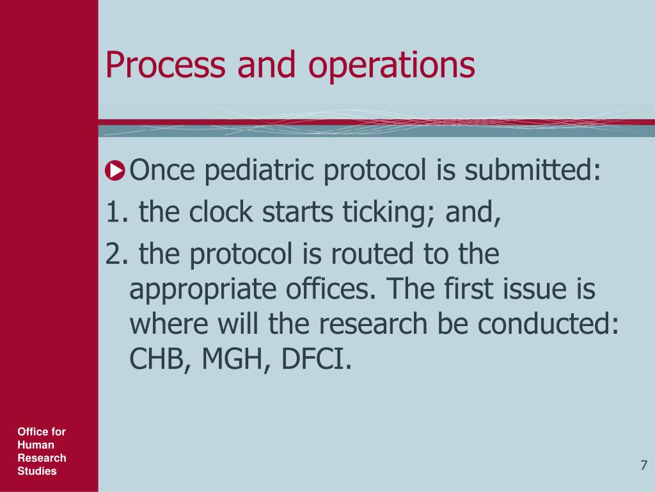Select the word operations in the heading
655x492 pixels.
click(392, 67)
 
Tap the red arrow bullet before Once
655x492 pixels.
click(116, 171)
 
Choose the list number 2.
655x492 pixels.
click(115, 254)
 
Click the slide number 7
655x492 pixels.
click(643, 465)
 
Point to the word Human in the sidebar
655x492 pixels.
click(36, 445)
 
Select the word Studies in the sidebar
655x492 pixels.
click(37, 471)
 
